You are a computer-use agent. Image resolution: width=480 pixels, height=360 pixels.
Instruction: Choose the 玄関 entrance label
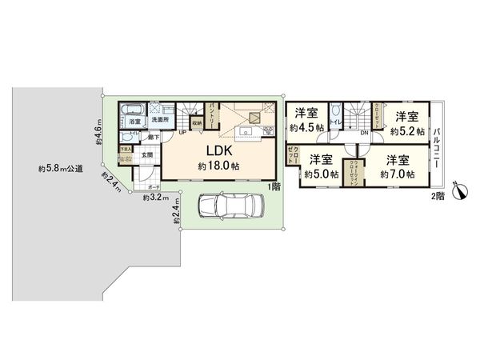click(147, 156)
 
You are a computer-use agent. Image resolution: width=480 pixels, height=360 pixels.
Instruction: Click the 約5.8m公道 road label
click(60, 169)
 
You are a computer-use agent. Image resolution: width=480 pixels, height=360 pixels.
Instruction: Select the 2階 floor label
click(437, 194)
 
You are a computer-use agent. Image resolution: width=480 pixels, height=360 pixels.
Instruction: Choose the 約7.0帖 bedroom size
click(397, 174)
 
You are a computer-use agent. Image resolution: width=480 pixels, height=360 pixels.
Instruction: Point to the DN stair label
click(364, 133)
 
